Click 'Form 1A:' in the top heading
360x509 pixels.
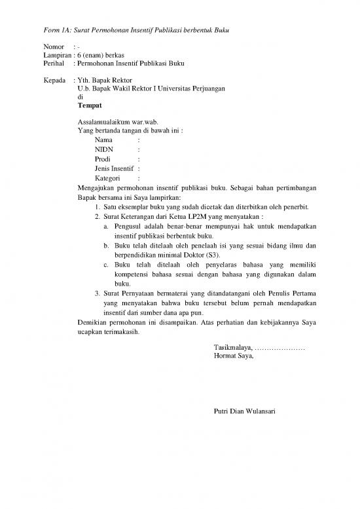(56, 29)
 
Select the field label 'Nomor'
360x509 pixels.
(54, 48)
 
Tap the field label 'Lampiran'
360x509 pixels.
(57, 56)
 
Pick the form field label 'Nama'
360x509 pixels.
(103, 140)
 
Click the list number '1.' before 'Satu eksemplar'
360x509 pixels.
(97, 208)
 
